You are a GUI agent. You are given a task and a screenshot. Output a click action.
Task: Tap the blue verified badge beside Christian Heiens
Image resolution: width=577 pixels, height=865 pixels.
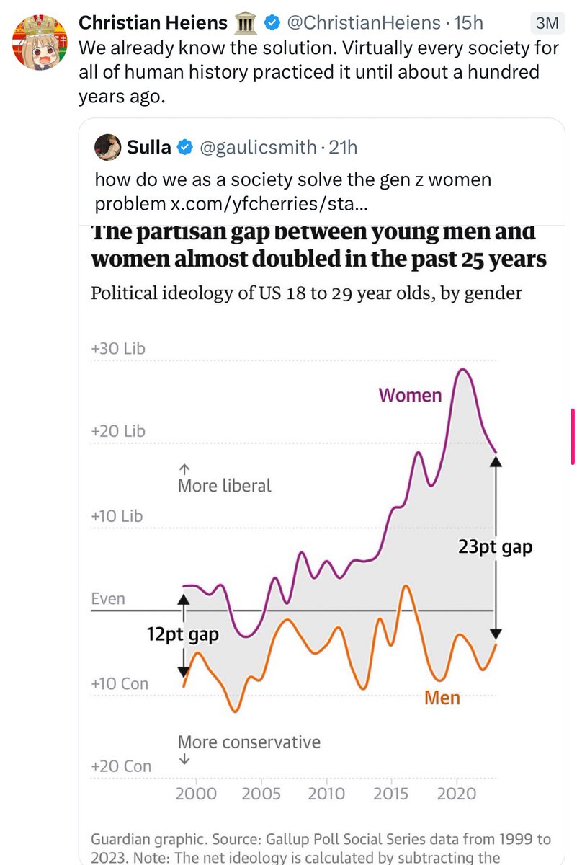tap(272, 23)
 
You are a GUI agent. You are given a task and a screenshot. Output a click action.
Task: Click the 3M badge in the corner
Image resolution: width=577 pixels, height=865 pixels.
tap(548, 23)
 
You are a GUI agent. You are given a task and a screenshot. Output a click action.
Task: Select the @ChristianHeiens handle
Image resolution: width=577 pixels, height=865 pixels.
tap(363, 23)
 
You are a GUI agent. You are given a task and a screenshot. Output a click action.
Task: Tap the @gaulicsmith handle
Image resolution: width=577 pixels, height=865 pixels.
tap(257, 148)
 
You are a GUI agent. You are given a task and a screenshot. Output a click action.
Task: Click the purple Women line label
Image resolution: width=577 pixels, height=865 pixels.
tap(410, 395)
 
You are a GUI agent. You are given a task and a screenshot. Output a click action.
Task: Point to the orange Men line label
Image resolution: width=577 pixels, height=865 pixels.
tap(442, 698)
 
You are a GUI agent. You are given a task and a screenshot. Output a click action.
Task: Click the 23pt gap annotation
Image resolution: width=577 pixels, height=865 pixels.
tap(495, 547)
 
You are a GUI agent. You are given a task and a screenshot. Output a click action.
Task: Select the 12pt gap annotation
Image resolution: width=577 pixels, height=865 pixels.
tap(182, 635)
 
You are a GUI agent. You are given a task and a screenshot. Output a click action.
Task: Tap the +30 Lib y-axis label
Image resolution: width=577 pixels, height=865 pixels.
tap(118, 349)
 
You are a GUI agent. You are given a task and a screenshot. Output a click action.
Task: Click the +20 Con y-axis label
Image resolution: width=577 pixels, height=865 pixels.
tap(121, 766)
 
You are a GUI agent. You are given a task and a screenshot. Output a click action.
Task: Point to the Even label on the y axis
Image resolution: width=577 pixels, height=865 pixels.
tap(108, 599)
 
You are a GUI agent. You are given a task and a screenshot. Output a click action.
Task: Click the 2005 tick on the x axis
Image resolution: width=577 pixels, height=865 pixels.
tap(261, 794)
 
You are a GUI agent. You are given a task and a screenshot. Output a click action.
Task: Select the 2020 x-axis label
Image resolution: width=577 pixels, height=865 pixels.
tap(457, 794)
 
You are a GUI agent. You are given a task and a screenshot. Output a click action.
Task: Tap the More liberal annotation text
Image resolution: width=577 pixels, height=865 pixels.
tap(225, 486)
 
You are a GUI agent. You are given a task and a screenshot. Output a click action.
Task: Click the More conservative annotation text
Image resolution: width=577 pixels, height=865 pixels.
tap(249, 742)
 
